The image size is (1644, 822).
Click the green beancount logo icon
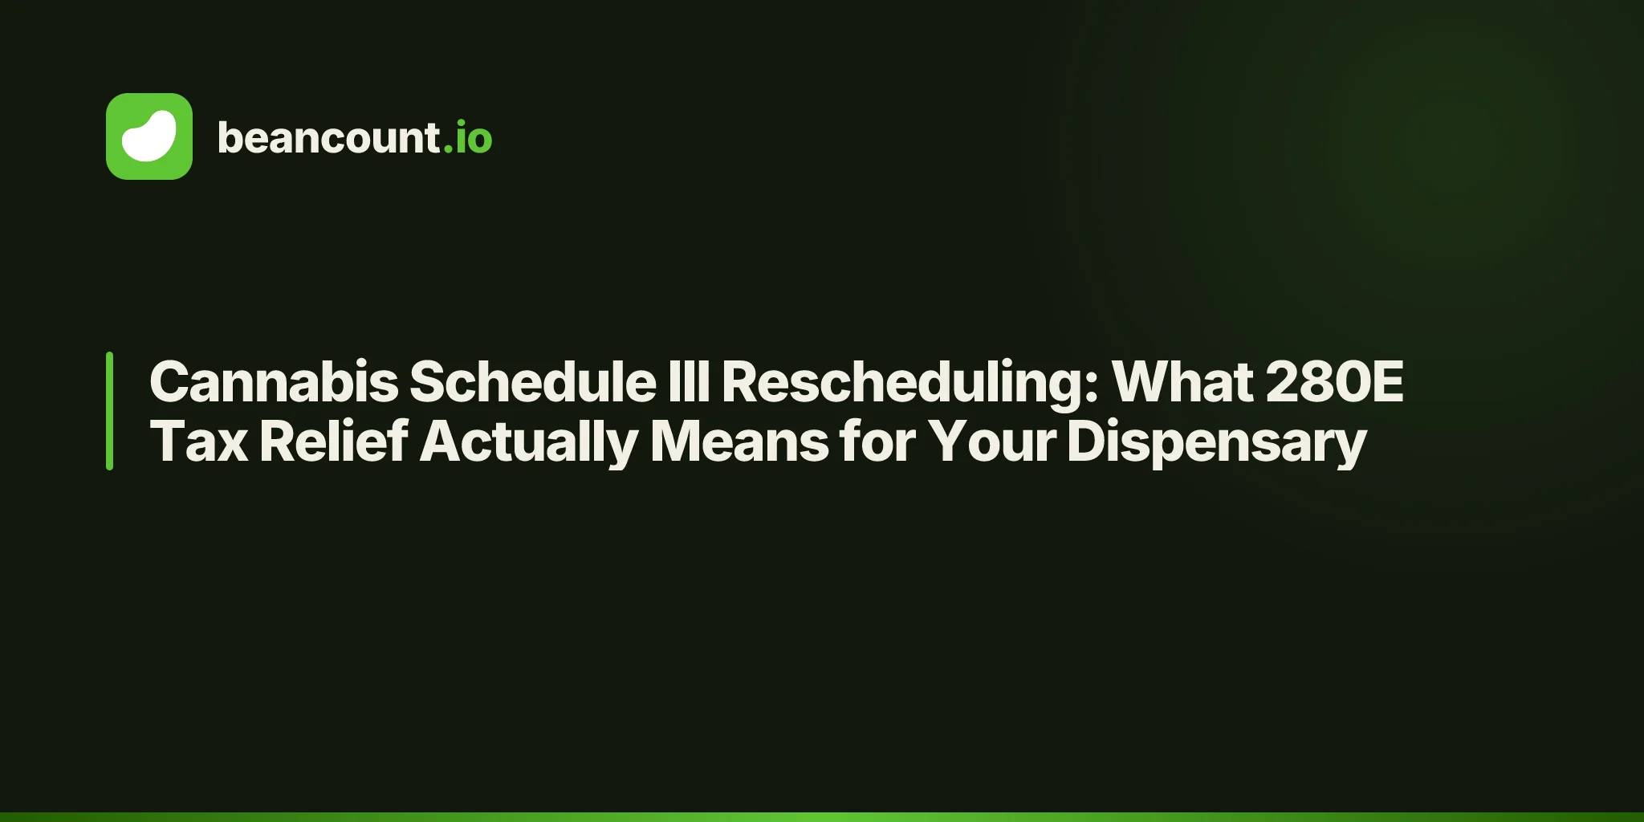tap(149, 136)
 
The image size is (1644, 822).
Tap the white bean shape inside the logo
tap(149, 136)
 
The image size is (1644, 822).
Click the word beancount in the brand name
tap(328, 137)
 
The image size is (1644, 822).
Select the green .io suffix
tap(468, 137)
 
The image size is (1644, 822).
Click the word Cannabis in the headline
tap(274, 381)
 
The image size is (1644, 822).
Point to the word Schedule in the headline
tap(533, 381)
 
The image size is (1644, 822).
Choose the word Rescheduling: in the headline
tap(909, 385)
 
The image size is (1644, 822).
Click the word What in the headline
tap(1182, 381)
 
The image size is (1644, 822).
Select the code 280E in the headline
tap(1335, 381)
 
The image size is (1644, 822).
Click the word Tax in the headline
tap(199, 442)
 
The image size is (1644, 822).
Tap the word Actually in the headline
tap(529, 444)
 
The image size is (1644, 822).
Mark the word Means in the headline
tap(739, 442)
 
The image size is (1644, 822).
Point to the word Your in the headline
tap(992, 442)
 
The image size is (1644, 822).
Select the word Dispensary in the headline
tap(1217, 444)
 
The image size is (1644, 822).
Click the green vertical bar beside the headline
tap(109, 411)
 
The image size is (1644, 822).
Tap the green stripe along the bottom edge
tap(822, 817)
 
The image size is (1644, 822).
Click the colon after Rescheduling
tap(1089, 387)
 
